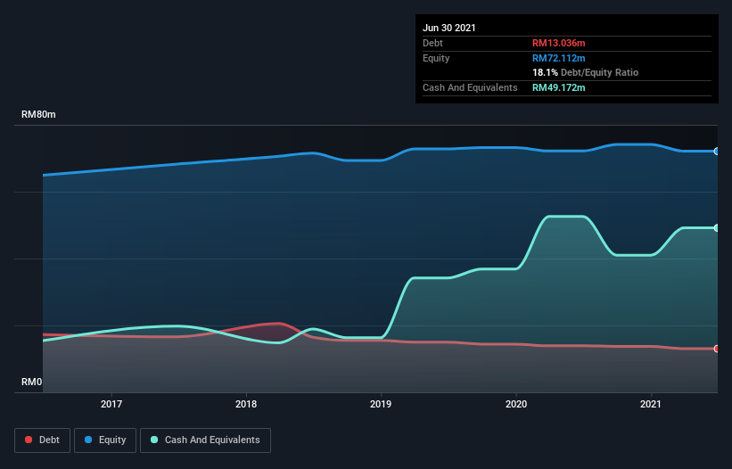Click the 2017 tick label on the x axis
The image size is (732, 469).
[x=111, y=405]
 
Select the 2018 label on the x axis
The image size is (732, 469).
[x=246, y=405]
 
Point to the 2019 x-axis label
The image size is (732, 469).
[x=382, y=405]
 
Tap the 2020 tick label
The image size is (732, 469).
[x=516, y=405]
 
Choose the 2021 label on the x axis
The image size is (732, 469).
[x=651, y=405]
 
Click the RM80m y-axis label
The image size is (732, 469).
[x=40, y=115]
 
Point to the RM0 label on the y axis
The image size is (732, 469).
[x=32, y=383]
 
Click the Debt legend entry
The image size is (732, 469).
[x=44, y=440]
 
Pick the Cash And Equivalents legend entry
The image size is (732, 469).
[x=205, y=440]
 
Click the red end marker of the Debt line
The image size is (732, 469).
[x=717, y=349]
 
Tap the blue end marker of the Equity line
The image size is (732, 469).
[x=717, y=152]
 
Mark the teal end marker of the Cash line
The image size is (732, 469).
[x=717, y=228]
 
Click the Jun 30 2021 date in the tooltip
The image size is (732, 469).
[x=449, y=28]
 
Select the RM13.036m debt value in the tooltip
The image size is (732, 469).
[x=559, y=43]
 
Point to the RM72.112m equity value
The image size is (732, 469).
[x=559, y=58]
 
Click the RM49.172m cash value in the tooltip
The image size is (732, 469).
[x=559, y=87]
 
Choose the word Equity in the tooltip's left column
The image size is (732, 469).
[x=436, y=58]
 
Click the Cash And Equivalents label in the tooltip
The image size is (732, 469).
[x=470, y=87]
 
